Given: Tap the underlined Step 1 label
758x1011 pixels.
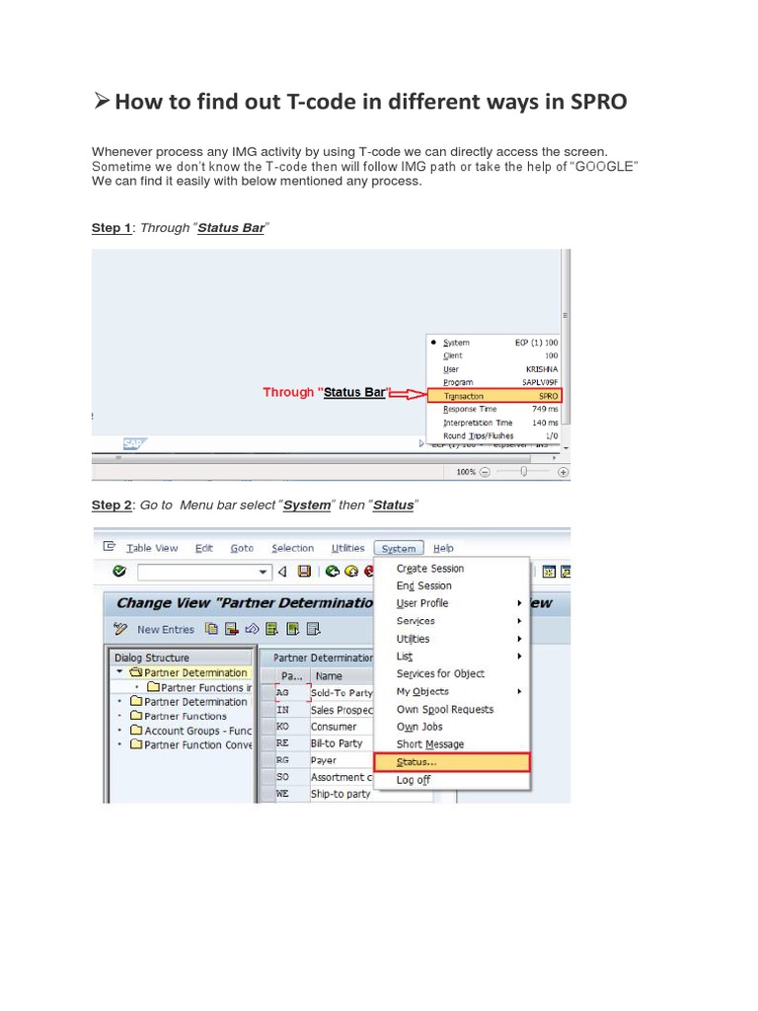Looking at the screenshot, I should click(112, 228).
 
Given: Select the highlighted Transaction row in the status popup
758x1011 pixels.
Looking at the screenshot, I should click(493, 395).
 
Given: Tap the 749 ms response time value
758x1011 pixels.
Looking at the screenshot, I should click(544, 409).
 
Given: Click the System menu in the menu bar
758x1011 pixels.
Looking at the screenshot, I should click(399, 549).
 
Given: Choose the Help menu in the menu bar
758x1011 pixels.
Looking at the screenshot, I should click(444, 549).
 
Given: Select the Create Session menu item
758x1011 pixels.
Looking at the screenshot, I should click(430, 569).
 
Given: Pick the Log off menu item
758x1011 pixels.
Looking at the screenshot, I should click(414, 780).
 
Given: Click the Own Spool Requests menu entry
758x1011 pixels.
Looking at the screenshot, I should click(445, 710).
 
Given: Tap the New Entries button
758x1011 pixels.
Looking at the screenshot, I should click(165, 629).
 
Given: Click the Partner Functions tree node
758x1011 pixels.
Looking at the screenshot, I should click(186, 716).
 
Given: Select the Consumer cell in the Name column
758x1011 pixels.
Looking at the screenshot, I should click(334, 727).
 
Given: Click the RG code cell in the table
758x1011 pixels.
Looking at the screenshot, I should click(283, 760).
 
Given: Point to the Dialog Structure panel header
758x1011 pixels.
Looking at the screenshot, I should click(152, 658).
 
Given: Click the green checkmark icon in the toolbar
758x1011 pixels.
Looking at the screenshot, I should click(119, 571).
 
